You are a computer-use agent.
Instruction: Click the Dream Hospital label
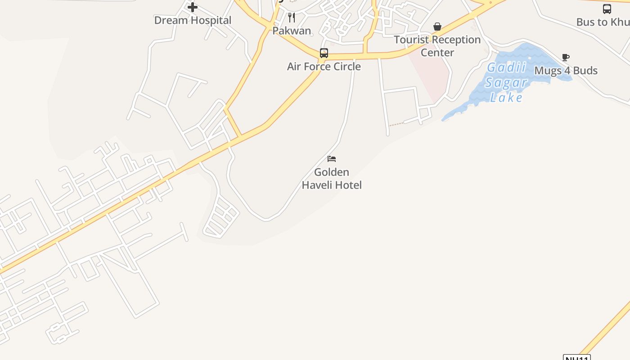(x=193, y=20)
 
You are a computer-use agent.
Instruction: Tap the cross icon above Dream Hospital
(x=193, y=7)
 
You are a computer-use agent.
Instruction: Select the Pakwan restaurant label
(x=292, y=31)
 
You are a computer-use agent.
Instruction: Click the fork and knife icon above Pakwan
(x=292, y=18)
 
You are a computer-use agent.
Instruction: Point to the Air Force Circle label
(x=324, y=67)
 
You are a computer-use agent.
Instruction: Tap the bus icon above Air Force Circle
(x=324, y=53)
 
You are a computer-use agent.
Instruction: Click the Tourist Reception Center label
(x=437, y=46)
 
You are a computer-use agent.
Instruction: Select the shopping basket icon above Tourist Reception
(x=437, y=27)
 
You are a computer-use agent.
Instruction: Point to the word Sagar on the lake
(x=506, y=82)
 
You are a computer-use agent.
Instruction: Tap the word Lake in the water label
(x=506, y=97)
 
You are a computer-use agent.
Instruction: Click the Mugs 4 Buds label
(x=566, y=71)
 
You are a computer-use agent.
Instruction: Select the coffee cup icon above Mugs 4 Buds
(x=566, y=58)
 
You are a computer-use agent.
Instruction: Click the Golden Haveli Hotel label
(x=332, y=179)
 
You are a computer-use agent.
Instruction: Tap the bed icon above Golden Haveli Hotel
(x=332, y=159)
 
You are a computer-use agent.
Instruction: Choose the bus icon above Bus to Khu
(x=607, y=9)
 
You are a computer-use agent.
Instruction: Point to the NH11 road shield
(x=576, y=358)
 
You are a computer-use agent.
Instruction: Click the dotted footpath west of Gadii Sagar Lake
(x=396, y=123)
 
